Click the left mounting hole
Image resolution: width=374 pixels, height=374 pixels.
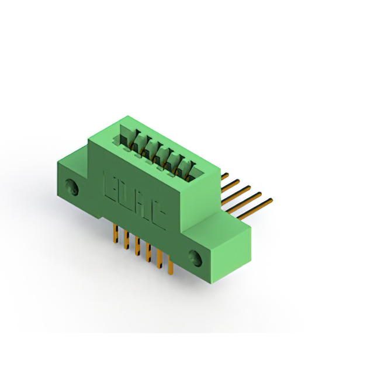click(72, 188)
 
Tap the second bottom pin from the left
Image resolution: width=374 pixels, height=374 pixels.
click(126, 241)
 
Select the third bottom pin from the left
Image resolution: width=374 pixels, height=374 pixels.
click(137, 247)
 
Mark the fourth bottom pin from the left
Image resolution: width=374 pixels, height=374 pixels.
click(148, 254)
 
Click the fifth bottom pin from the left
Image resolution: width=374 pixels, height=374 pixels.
click(159, 261)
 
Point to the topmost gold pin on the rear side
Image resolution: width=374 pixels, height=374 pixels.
click(224, 175)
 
